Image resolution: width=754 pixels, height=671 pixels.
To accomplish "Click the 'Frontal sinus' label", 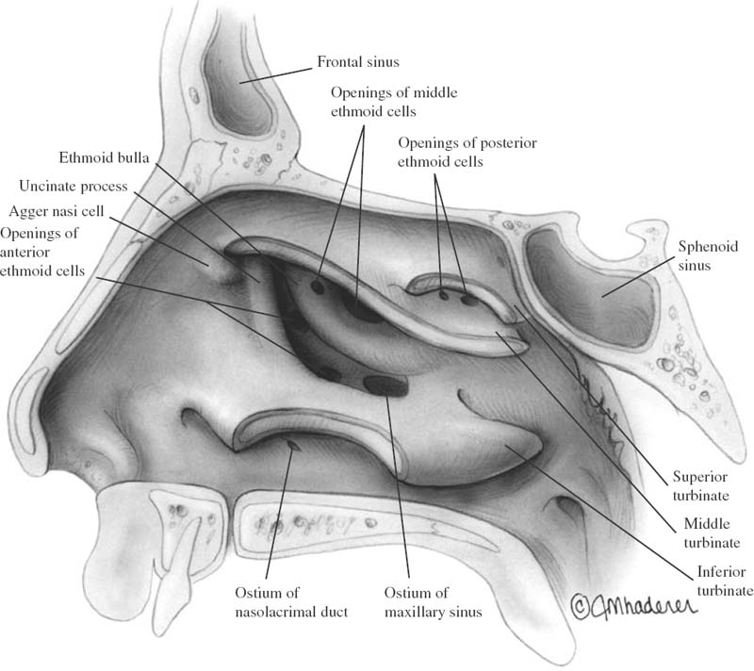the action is coord(358,62).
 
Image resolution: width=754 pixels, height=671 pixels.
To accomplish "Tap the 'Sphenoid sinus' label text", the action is coord(708,255).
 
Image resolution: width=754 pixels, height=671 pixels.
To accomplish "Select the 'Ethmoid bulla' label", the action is coord(104,157).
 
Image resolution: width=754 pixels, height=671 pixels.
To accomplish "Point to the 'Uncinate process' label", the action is coord(74,186).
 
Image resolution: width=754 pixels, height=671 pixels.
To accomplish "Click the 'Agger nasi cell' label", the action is coord(57,211).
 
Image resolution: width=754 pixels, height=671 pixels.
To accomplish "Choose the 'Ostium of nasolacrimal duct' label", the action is coord(291,602).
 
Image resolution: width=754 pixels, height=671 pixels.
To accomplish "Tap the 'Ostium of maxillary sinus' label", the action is coord(433,602).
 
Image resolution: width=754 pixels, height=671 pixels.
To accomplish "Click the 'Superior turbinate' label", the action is coord(700,486).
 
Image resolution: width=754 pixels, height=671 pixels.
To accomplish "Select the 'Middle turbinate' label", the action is coord(712,533).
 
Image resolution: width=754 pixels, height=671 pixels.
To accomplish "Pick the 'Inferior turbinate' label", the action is coord(725,581).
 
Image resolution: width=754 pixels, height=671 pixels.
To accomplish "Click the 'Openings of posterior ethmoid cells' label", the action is coord(467,152).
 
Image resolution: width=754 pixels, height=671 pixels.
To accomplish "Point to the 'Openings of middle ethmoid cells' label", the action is coord(394,102).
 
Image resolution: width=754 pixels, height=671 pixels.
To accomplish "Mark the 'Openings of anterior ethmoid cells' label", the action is coord(42,252).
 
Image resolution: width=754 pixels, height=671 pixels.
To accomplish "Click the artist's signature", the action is coord(633,605).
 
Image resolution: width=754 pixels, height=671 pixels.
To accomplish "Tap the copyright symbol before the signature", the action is coord(580,605).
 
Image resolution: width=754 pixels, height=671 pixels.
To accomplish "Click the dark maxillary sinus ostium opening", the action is coord(385,385).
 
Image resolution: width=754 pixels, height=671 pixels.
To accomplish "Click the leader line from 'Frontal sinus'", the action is coord(276,75).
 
